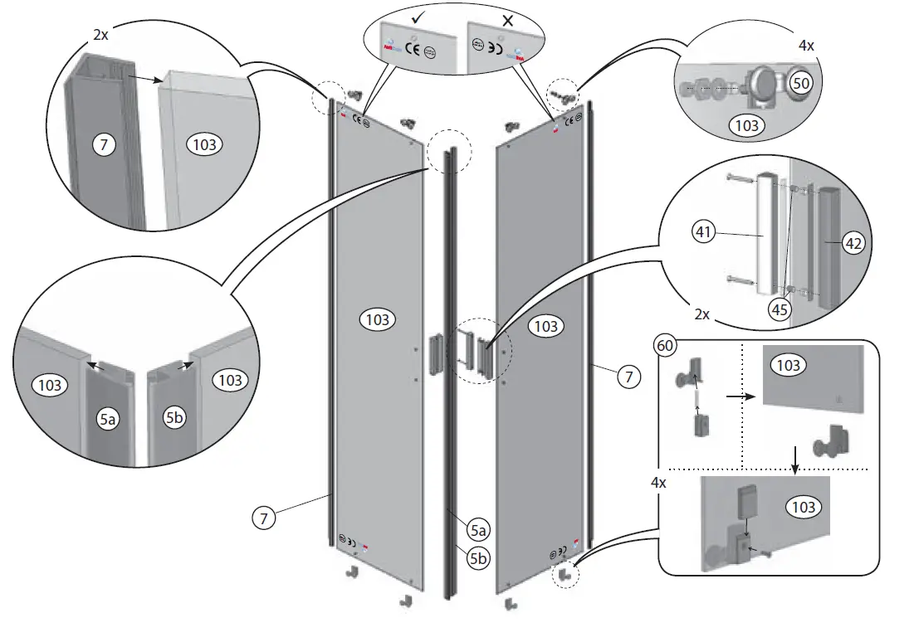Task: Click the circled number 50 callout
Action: (801, 83)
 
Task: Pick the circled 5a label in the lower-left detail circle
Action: (107, 420)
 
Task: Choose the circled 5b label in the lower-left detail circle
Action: (174, 419)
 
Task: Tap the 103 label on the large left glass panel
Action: (377, 319)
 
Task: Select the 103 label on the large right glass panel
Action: (545, 326)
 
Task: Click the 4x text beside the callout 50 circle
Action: (805, 46)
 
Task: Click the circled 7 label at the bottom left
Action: (262, 518)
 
